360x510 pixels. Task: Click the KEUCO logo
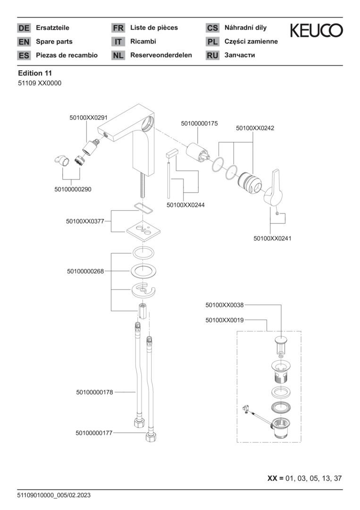point(316,31)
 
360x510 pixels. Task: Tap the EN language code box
point(24,42)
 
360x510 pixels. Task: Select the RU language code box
point(212,55)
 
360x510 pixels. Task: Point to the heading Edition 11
point(35,73)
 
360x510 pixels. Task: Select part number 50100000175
point(199,124)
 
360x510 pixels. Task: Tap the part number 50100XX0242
point(255,128)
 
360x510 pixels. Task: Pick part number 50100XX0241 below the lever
point(272,238)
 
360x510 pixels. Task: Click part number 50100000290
point(73,189)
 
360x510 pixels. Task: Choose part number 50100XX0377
point(85,221)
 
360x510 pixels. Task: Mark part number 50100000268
point(85,271)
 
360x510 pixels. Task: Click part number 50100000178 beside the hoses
point(94,392)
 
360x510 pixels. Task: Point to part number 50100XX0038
point(225,306)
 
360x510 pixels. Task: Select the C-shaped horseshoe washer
point(144,290)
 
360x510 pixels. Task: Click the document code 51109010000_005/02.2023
point(54,495)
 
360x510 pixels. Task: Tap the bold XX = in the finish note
point(275,478)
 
